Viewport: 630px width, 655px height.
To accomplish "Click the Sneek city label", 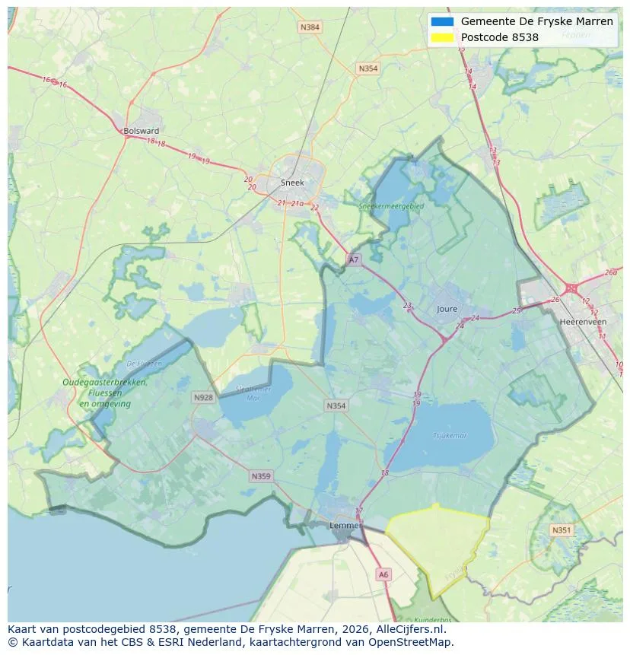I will coord(292,183).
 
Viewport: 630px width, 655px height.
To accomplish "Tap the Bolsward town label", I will coord(141,131).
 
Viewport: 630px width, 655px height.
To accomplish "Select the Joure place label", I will coord(447,309).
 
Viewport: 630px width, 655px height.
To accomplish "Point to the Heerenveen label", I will coord(582,322).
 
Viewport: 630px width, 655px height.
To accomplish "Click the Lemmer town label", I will coord(344,526).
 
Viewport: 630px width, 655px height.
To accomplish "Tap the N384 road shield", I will coord(310,27).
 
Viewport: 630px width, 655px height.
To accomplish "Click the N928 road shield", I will coord(203,397).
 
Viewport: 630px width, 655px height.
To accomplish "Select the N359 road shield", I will coord(260,476).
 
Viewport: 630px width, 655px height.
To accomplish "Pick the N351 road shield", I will coord(562,530).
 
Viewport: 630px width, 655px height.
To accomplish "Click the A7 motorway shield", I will coord(353,259).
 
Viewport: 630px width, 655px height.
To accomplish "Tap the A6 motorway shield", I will coord(383,575).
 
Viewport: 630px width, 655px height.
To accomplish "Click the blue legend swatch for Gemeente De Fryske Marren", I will coord(441,21).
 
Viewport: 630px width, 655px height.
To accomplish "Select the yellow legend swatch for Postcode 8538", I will coord(441,37).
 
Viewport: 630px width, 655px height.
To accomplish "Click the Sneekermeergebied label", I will coord(391,205).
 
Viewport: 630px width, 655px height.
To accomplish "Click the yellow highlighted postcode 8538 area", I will coord(437,544).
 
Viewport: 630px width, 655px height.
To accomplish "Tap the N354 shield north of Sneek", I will coord(367,68).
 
